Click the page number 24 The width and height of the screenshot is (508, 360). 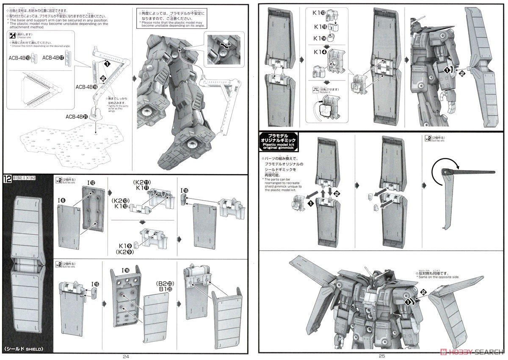pyautogui.click(x=125, y=356)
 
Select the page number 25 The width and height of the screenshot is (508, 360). pyautogui.click(x=382, y=356)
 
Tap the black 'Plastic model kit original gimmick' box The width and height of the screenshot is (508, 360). pyautogui.click(x=279, y=141)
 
